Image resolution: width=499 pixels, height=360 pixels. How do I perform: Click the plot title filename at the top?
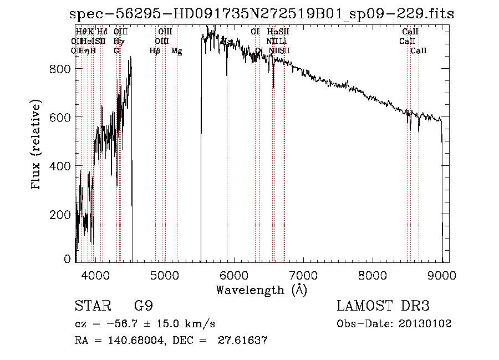pyautogui.click(x=262, y=14)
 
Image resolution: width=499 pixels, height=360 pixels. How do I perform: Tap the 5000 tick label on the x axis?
pyautogui.click(x=165, y=275)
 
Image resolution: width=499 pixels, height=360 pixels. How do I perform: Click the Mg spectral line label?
pyautogui.click(x=176, y=51)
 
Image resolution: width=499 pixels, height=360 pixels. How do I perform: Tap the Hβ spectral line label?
pyautogui.click(x=155, y=51)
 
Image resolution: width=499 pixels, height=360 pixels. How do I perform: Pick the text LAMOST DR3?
pyautogui.click(x=383, y=306)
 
